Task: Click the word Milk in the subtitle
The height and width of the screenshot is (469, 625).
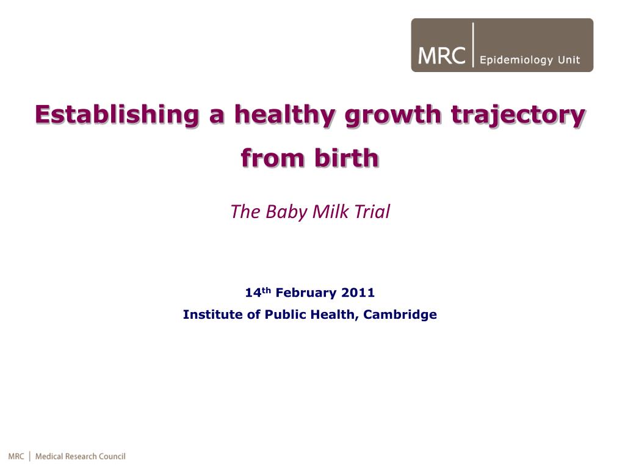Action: (330, 212)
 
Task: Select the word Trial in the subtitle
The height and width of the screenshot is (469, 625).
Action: (370, 212)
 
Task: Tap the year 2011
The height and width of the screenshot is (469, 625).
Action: (358, 293)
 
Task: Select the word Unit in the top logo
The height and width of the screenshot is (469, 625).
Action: (568, 60)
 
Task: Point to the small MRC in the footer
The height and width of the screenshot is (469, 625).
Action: (16, 456)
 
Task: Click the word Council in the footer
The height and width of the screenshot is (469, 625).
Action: (112, 456)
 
